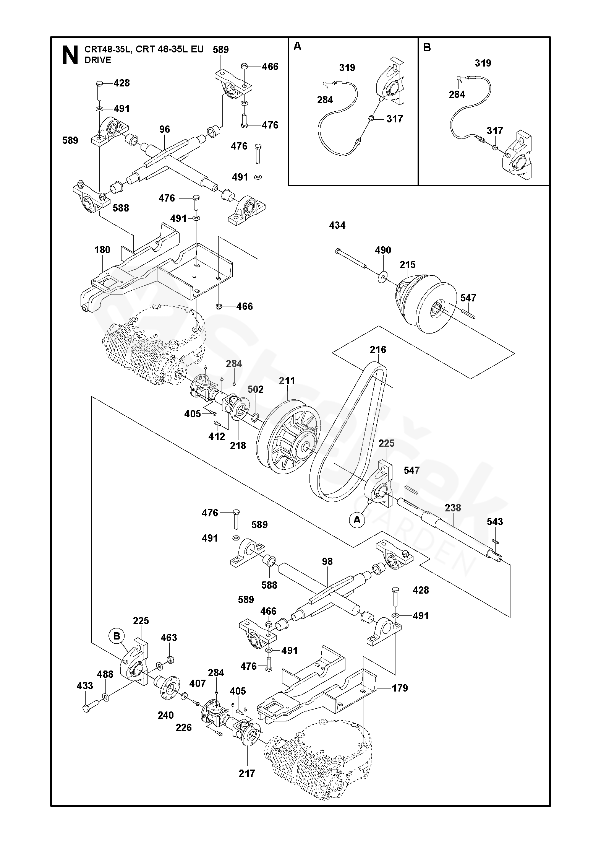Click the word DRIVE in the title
pos(98,60)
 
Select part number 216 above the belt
pos(378,350)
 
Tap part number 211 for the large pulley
pos(287,381)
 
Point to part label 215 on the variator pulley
pos(408,265)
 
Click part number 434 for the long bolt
pos(337,226)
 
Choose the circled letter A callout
pos(357,520)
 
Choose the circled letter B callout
pos(117,636)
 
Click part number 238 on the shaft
pos(453,508)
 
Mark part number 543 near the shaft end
pos(495,522)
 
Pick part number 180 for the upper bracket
pos(102,250)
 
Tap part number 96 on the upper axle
pos(165,129)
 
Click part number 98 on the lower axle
pos(327,561)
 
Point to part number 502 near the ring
pos(256,389)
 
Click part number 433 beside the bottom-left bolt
pos(85,686)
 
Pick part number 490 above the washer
pos(383,250)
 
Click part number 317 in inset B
pos(495,131)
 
